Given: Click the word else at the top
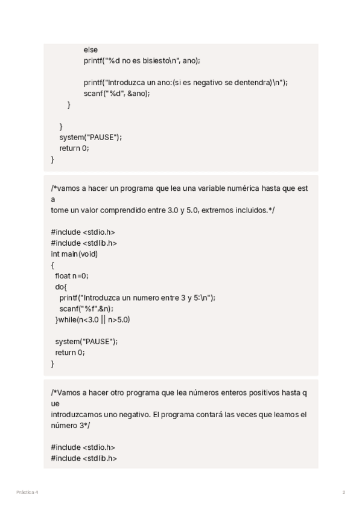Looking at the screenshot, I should pos(91,50).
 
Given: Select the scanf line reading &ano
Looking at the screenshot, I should pos(116,94).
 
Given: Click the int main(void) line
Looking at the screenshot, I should pos(74,254).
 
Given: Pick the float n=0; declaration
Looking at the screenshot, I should pos(71,276).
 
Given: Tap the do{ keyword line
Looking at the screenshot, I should pos(61,287).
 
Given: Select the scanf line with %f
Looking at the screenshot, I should pos(86,309).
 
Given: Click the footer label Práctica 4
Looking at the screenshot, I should pos(27,493).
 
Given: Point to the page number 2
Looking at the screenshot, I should pos(344,493).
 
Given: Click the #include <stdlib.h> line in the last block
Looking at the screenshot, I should pos(84,458).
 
